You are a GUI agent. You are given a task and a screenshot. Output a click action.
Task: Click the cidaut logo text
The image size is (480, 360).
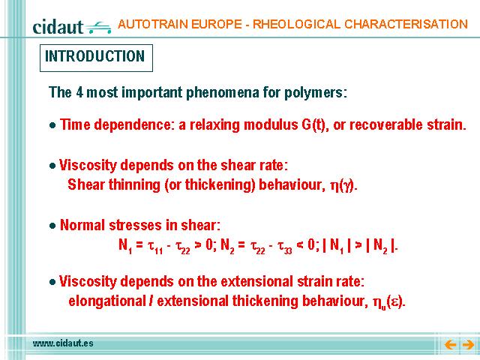point(58,27)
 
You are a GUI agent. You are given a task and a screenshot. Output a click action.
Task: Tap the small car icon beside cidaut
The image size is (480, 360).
point(98,28)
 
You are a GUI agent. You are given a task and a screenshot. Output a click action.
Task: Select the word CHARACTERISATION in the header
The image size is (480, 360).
point(406,24)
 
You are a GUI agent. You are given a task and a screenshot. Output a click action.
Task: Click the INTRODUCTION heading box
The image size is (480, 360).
point(96,58)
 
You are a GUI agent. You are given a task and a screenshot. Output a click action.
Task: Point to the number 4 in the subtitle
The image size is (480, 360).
point(79,92)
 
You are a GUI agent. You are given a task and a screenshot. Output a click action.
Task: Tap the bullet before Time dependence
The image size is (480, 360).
point(52,125)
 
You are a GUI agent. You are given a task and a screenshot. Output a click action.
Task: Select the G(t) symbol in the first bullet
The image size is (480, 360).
point(314,125)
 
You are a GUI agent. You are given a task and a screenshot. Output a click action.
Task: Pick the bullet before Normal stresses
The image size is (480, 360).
point(52,226)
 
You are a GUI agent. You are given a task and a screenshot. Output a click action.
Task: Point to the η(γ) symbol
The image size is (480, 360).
point(343,185)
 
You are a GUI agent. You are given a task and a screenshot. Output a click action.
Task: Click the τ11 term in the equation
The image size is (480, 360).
point(155,247)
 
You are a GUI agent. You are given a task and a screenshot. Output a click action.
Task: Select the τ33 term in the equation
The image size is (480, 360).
point(285,247)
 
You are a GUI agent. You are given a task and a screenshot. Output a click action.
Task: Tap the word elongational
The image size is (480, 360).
point(107,301)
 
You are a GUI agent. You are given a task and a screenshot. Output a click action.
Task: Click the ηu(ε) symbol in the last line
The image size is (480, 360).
point(388,302)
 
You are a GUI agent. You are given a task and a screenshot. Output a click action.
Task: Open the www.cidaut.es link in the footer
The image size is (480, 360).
point(63,343)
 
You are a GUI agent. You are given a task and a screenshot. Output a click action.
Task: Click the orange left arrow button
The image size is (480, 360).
point(450,345)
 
